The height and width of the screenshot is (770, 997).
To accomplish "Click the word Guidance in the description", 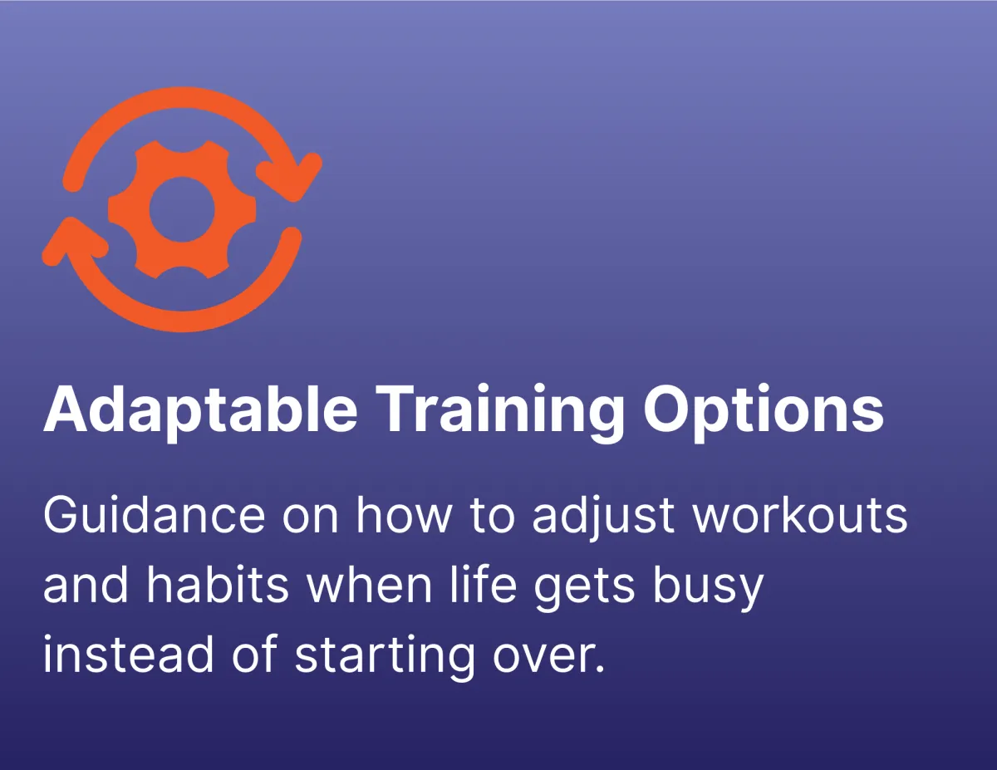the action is [x=155, y=515].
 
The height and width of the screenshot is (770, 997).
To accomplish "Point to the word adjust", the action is [x=603, y=518].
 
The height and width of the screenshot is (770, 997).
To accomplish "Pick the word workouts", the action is [x=800, y=515].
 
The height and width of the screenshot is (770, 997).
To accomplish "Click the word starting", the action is [x=384, y=659].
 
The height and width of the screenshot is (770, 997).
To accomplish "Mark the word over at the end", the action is [x=543, y=659].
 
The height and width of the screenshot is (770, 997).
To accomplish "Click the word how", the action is [x=405, y=515].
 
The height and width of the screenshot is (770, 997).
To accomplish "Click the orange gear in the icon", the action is [x=182, y=209].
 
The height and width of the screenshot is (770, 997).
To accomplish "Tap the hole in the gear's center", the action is [x=182, y=209].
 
